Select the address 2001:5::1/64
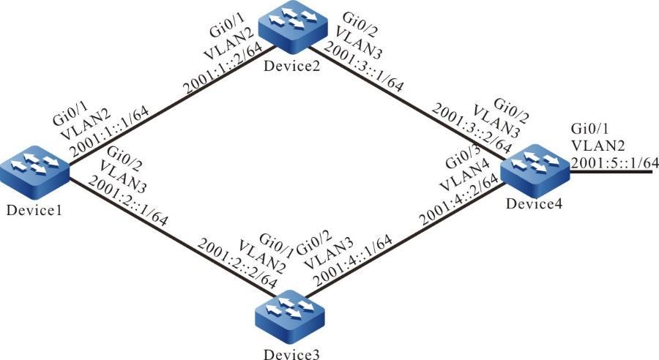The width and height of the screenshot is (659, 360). click(614, 162)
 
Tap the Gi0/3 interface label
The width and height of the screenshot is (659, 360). click(463, 159)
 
